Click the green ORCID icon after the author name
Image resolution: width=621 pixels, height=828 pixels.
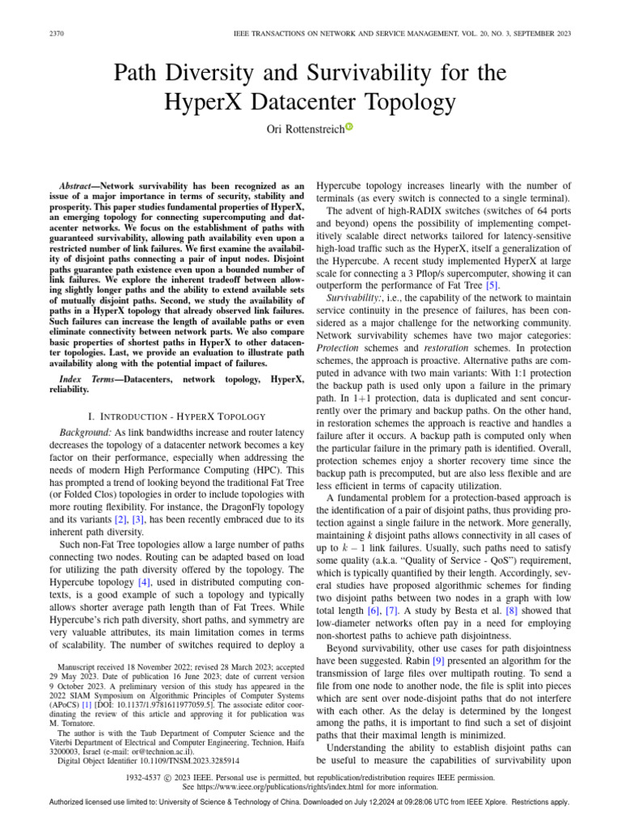349,126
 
